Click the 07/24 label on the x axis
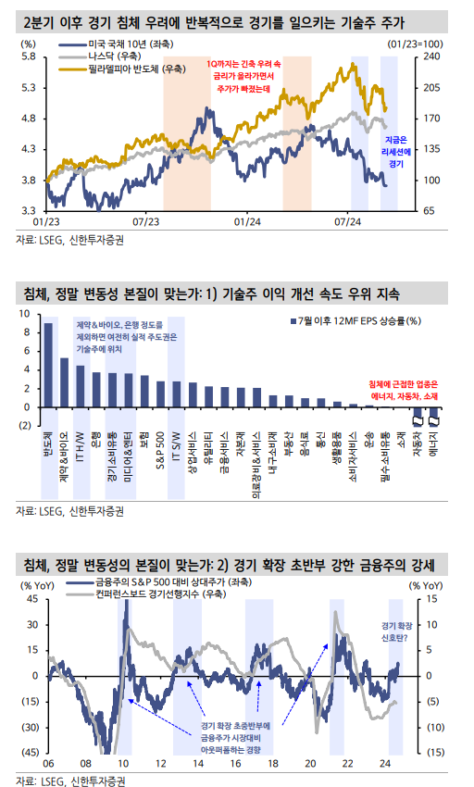(x=347, y=221)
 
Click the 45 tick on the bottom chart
(x=30, y=599)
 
